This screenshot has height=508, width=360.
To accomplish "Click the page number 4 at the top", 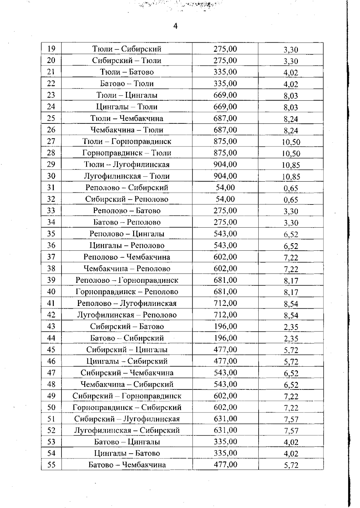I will tap(175, 26).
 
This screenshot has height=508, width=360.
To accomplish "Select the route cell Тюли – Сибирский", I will tap(127, 49).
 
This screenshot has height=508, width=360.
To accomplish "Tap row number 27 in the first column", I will tap(51, 141).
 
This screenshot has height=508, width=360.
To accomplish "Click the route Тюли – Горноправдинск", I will tap(127, 141).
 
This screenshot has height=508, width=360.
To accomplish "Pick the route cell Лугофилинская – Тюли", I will tap(127, 176).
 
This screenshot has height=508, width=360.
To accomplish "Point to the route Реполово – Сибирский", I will tap(127, 188).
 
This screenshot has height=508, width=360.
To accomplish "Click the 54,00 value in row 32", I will tap(225, 199).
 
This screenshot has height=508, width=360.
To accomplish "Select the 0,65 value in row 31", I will tap(291, 189).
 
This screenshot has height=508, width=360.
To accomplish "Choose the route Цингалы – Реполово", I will tap(127, 246).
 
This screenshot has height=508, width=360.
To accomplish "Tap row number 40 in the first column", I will tap(51, 292).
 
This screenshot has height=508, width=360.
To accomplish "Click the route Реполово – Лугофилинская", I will tap(127, 303).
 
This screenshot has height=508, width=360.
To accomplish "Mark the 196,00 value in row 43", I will tap(225, 326).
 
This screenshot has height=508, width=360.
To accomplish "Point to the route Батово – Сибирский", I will tap(127, 338).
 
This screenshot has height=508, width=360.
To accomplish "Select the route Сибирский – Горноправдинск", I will tap(127, 396).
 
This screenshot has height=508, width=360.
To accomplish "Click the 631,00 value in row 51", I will tap(225, 419).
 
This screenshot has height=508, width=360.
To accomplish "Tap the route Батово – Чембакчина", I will tap(127, 465).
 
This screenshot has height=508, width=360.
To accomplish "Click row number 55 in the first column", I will tap(51, 465).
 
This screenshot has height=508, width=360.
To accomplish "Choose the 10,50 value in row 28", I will tap(291, 154).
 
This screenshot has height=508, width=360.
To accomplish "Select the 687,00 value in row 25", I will tap(225, 118).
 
